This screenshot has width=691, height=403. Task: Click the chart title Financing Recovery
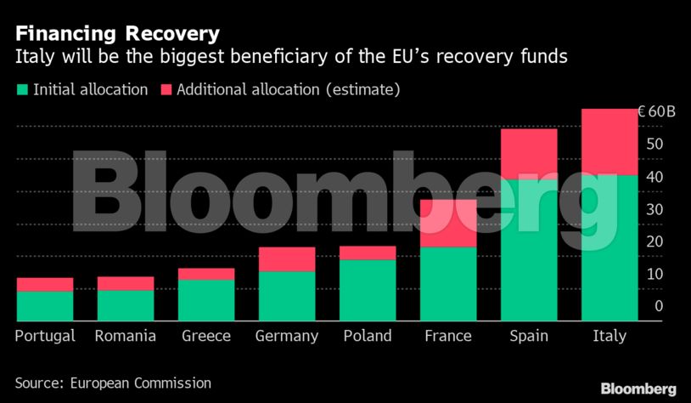[x=117, y=34]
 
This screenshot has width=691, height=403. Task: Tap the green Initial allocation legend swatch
[x=21, y=89]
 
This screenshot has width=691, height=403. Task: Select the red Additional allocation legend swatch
[x=165, y=89]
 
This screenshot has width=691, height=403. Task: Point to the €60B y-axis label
[x=656, y=112]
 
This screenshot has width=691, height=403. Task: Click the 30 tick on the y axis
[x=654, y=210]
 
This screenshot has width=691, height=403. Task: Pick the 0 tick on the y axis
[x=658, y=307]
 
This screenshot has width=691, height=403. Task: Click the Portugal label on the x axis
[x=45, y=336]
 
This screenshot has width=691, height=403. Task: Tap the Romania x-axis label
[x=126, y=336]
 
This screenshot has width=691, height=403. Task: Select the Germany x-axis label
[x=287, y=336]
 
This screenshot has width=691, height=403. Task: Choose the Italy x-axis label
[x=609, y=336]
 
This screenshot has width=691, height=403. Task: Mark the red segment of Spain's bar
[x=529, y=154]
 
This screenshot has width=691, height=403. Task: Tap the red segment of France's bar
[x=448, y=224]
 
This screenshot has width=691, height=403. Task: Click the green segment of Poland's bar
[x=368, y=289]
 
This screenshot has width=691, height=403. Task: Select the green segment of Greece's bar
[x=206, y=299]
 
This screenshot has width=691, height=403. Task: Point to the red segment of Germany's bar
[x=287, y=259]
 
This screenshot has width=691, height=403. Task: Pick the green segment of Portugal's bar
[x=45, y=305]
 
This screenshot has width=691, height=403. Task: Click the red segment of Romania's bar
[x=126, y=284]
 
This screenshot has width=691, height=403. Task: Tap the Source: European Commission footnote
[x=113, y=383]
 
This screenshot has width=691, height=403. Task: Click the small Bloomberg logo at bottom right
[x=638, y=389]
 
